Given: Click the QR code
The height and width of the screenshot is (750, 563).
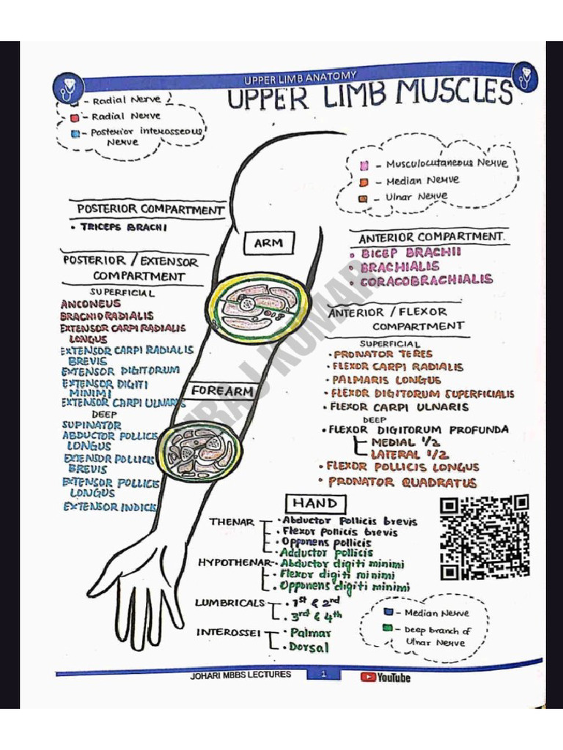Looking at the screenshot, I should (x=485, y=537).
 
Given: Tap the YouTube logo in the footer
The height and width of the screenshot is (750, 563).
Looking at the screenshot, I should (x=385, y=677).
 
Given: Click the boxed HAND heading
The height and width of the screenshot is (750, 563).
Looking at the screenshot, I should (x=315, y=503).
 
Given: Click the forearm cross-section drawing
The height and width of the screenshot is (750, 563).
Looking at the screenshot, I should (x=201, y=451).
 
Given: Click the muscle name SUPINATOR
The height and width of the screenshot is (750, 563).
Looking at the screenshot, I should (x=92, y=425).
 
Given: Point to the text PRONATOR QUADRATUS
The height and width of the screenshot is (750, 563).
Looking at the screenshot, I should (x=402, y=483).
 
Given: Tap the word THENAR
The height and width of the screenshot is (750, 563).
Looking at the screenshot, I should (x=231, y=522).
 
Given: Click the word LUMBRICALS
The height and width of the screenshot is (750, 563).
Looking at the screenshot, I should (x=229, y=603).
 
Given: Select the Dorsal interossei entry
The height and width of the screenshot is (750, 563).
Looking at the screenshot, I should (x=309, y=647).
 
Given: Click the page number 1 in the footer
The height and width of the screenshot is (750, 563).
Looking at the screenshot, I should (x=323, y=675).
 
